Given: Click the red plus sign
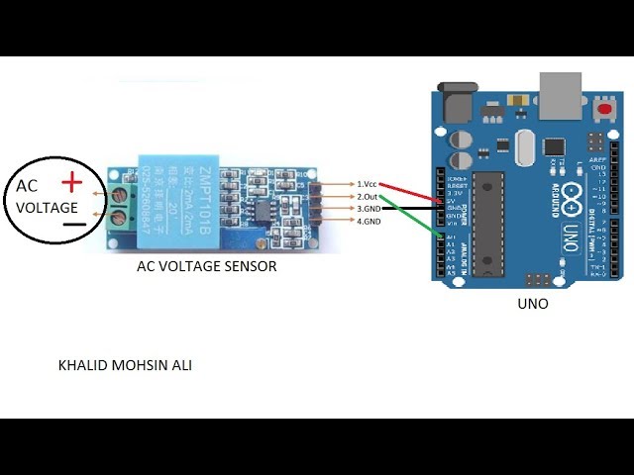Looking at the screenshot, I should click(71, 182).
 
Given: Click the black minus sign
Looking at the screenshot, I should click(73, 225).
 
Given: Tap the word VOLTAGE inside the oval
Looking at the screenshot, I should click(47, 208).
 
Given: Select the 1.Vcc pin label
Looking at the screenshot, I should click(368, 184).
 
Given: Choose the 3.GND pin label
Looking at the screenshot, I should click(369, 209).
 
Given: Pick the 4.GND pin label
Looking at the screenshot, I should click(369, 221).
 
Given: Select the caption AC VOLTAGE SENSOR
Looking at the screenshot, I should click(206, 267).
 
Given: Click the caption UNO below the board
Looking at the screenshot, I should click(532, 304).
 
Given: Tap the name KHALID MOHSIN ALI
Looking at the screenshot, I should click(126, 366).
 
